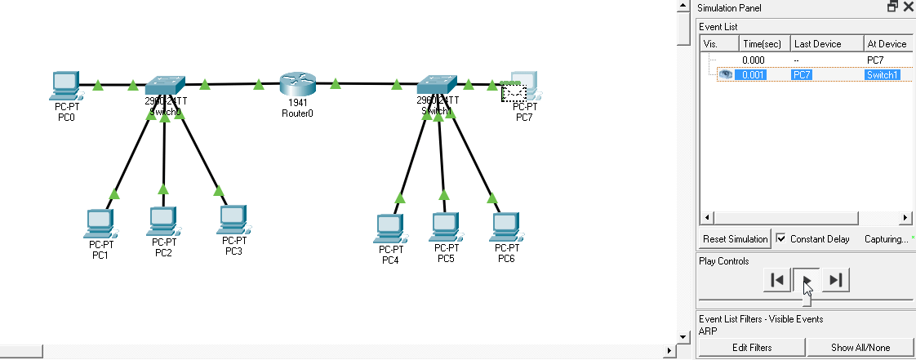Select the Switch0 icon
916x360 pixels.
165,85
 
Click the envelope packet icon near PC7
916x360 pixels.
513,92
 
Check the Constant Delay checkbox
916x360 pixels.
781,238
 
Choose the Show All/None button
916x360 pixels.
860,347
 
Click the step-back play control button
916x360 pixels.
777,280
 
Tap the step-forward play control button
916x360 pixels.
835,280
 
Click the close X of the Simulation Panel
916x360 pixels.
907,7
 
